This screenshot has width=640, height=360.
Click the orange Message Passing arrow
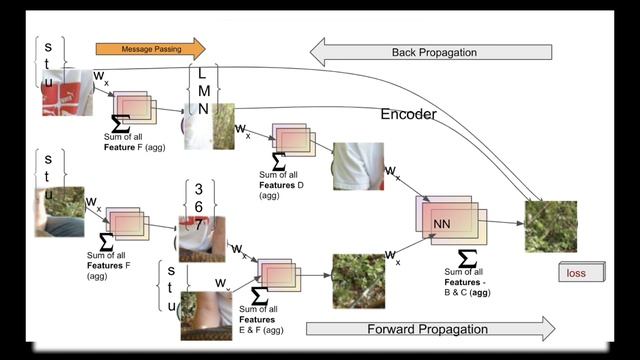click(x=150, y=48)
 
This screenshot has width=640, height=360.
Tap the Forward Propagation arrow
click(x=430, y=328)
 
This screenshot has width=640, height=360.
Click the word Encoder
click(x=408, y=115)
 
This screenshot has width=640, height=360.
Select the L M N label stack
click(x=203, y=91)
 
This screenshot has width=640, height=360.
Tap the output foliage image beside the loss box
click(x=551, y=226)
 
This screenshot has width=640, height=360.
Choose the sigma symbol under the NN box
click(x=465, y=258)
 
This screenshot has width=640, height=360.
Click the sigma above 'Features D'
click(x=278, y=161)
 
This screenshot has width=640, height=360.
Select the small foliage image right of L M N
click(x=223, y=126)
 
